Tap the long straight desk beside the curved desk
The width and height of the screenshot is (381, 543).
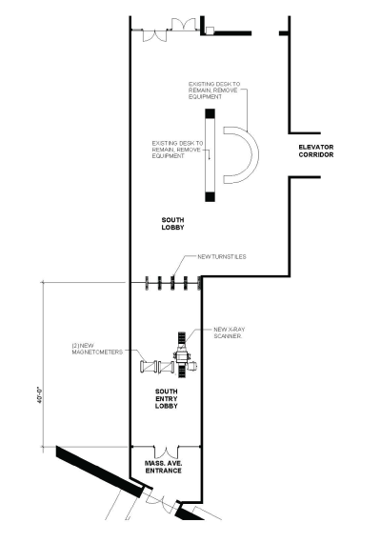pos(209,154)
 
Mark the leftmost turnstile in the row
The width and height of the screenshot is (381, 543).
pos(147,283)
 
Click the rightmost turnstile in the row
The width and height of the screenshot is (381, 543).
pos(198,283)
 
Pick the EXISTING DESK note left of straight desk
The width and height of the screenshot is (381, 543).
pos(177,150)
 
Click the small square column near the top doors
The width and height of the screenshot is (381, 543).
pos(209,30)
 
